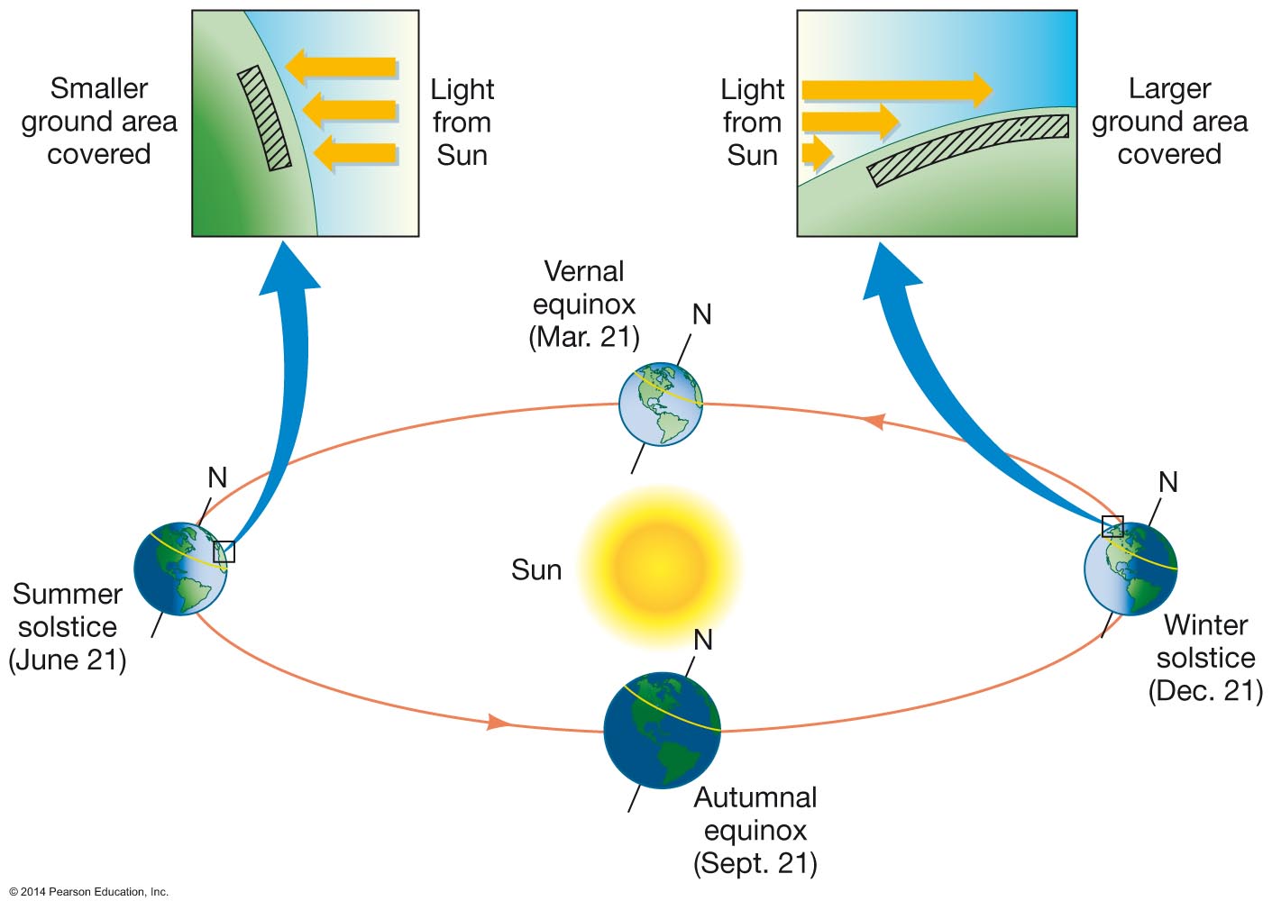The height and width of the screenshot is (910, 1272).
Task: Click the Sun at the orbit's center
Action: click(660, 567)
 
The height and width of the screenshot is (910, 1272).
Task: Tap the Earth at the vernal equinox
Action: click(661, 404)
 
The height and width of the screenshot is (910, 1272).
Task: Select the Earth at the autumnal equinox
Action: click(662, 730)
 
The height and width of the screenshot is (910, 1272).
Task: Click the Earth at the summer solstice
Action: click(180, 569)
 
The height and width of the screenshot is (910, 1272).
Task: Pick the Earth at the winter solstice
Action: click(1130, 569)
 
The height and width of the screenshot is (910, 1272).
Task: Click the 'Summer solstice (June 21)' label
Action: click(68, 627)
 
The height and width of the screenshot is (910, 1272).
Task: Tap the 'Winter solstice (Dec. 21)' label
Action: click(1205, 658)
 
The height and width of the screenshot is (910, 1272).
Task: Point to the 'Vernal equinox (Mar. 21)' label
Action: click(584, 305)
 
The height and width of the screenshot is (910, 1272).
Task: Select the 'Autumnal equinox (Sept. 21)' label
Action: click(755, 831)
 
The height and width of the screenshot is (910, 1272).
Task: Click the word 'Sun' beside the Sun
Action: click(536, 570)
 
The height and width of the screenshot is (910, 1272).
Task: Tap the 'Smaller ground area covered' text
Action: click(99, 122)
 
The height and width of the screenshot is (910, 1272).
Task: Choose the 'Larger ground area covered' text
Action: click(1169, 122)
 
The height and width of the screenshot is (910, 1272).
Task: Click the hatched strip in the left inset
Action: click(264, 118)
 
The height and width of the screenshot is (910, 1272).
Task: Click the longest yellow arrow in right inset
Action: click(897, 89)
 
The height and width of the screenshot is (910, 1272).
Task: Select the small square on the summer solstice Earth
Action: click(224, 551)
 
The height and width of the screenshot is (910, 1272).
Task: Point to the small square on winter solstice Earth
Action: click(1112, 526)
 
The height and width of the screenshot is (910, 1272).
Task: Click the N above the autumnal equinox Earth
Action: click(703, 641)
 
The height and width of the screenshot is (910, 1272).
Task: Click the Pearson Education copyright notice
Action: click(89, 892)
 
